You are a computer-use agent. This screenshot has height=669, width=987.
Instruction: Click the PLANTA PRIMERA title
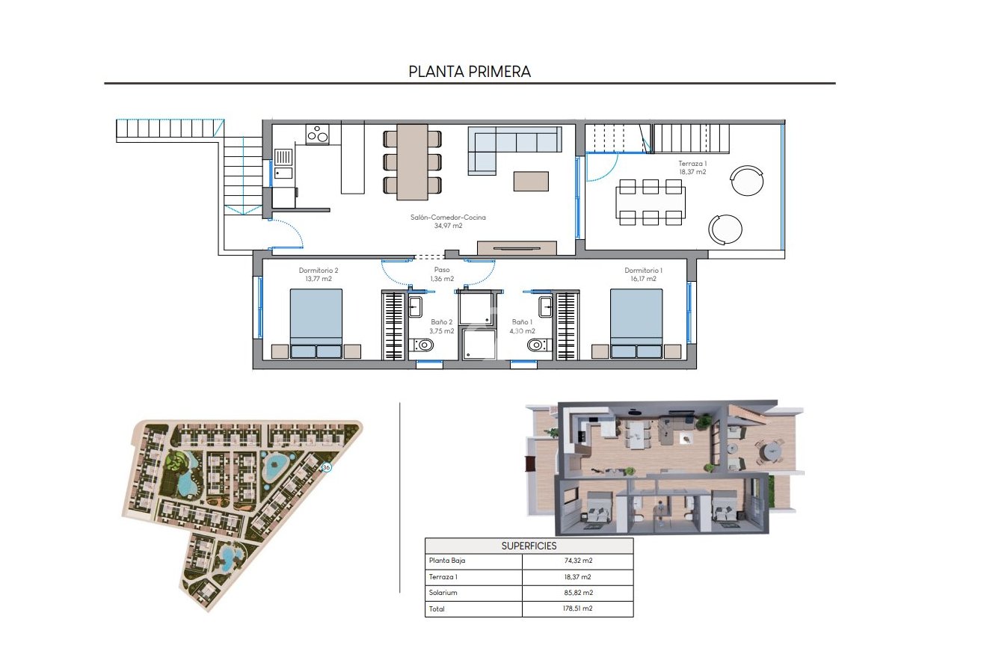[x=470, y=72]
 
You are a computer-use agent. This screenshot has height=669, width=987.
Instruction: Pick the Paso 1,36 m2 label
[x=442, y=274]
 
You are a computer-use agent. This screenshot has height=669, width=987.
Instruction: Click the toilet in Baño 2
[x=423, y=345]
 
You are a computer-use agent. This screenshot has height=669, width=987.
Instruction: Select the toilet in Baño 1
[x=537, y=345]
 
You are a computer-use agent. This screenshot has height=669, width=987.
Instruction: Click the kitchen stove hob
[x=317, y=135]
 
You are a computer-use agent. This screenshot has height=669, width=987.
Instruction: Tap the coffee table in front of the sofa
[x=530, y=181]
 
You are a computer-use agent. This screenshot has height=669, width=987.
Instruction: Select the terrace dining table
[x=650, y=202]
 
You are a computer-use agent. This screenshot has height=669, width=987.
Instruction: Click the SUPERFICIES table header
[x=529, y=546]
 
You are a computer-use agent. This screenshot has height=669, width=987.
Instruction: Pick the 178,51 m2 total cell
[x=576, y=608]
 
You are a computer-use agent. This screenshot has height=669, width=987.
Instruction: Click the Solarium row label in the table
[x=442, y=593]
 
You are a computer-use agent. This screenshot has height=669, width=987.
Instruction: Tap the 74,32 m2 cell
[x=576, y=561]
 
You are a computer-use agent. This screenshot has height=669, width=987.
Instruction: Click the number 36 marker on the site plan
[x=325, y=467]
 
